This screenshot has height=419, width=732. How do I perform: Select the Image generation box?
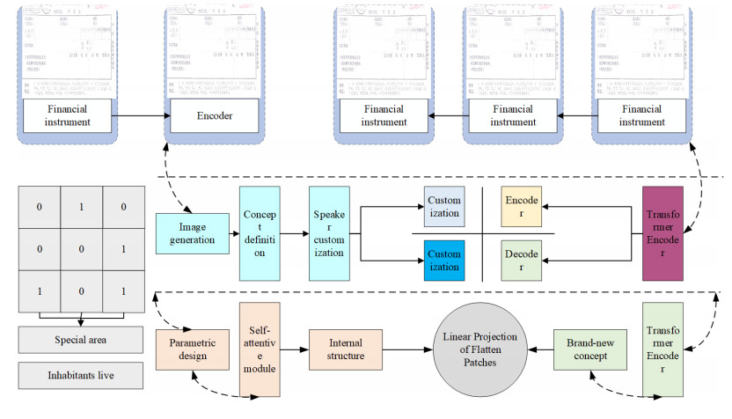pyautogui.click(x=191, y=232)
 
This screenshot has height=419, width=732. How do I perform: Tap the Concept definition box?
pyautogui.click(x=259, y=233)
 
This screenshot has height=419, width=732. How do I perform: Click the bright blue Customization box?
pyautogui.click(x=443, y=258)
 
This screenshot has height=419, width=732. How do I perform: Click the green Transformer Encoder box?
pyautogui.click(x=663, y=349)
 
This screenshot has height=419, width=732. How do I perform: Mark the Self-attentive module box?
pyautogui.click(x=259, y=349)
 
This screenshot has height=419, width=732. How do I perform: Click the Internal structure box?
pyautogui.click(x=346, y=349)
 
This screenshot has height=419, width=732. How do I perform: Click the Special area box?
pyautogui.click(x=80, y=340)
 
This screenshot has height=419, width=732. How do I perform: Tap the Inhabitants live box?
pyautogui.click(x=80, y=377)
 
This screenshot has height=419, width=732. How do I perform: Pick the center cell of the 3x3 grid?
pyautogui.click(x=80, y=248)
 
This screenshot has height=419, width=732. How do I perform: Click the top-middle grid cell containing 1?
pyautogui.click(x=80, y=206)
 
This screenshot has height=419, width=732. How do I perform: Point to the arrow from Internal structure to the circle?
pyautogui.click(x=409, y=349)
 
